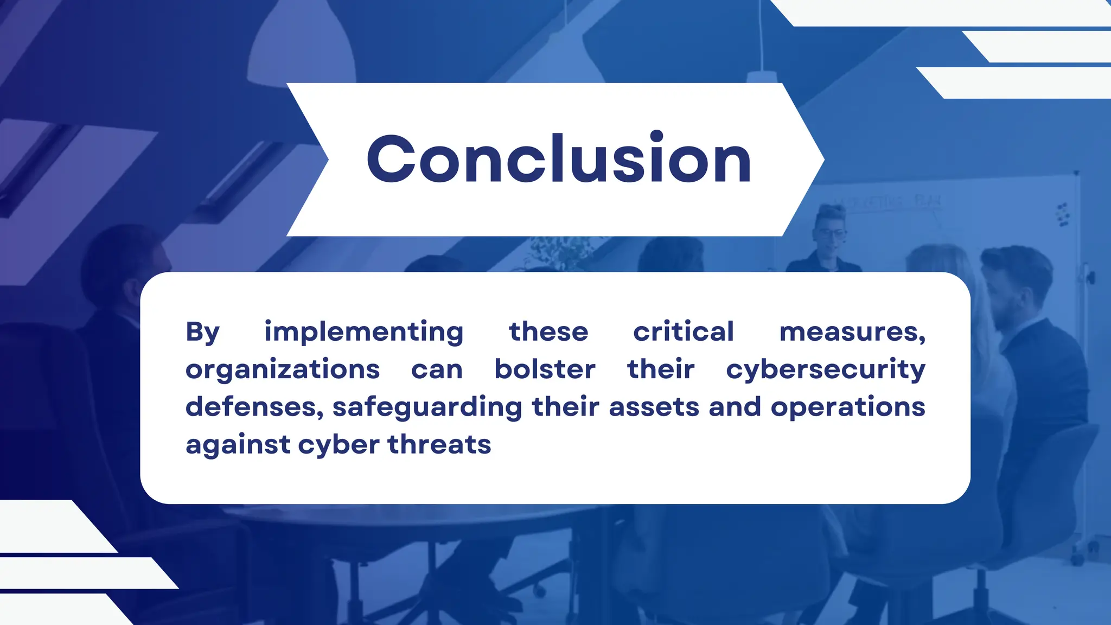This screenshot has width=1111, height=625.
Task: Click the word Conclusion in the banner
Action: pyautogui.click(x=559, y=159)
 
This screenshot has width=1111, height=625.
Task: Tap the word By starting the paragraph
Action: pyautogui.click(x=202, y=332)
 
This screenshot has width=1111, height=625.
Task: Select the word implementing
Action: pyautogui.click(x=363, y=332)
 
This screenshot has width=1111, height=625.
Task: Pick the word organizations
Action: pyautogui.click(x=283, y=370)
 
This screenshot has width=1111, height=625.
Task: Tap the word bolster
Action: pyautogui.click(x=545, y=369)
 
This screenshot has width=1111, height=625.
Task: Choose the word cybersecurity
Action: pyautogui.click(x=826, y=370)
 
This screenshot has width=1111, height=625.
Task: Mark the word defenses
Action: pyautogui.click(x=254, y=407)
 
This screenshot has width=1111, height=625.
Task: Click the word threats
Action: pyautogui.click(x=439, y=444)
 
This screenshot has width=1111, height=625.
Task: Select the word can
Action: pyautogui.click(x=437, y=370)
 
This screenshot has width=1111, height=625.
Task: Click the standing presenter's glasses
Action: pyautogui.click(x=832, y=234)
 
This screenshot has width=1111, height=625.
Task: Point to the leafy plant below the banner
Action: pyautogui.click(x=559, y=252)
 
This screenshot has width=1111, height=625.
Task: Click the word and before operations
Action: pyautogui.click(x=735, y=407)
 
